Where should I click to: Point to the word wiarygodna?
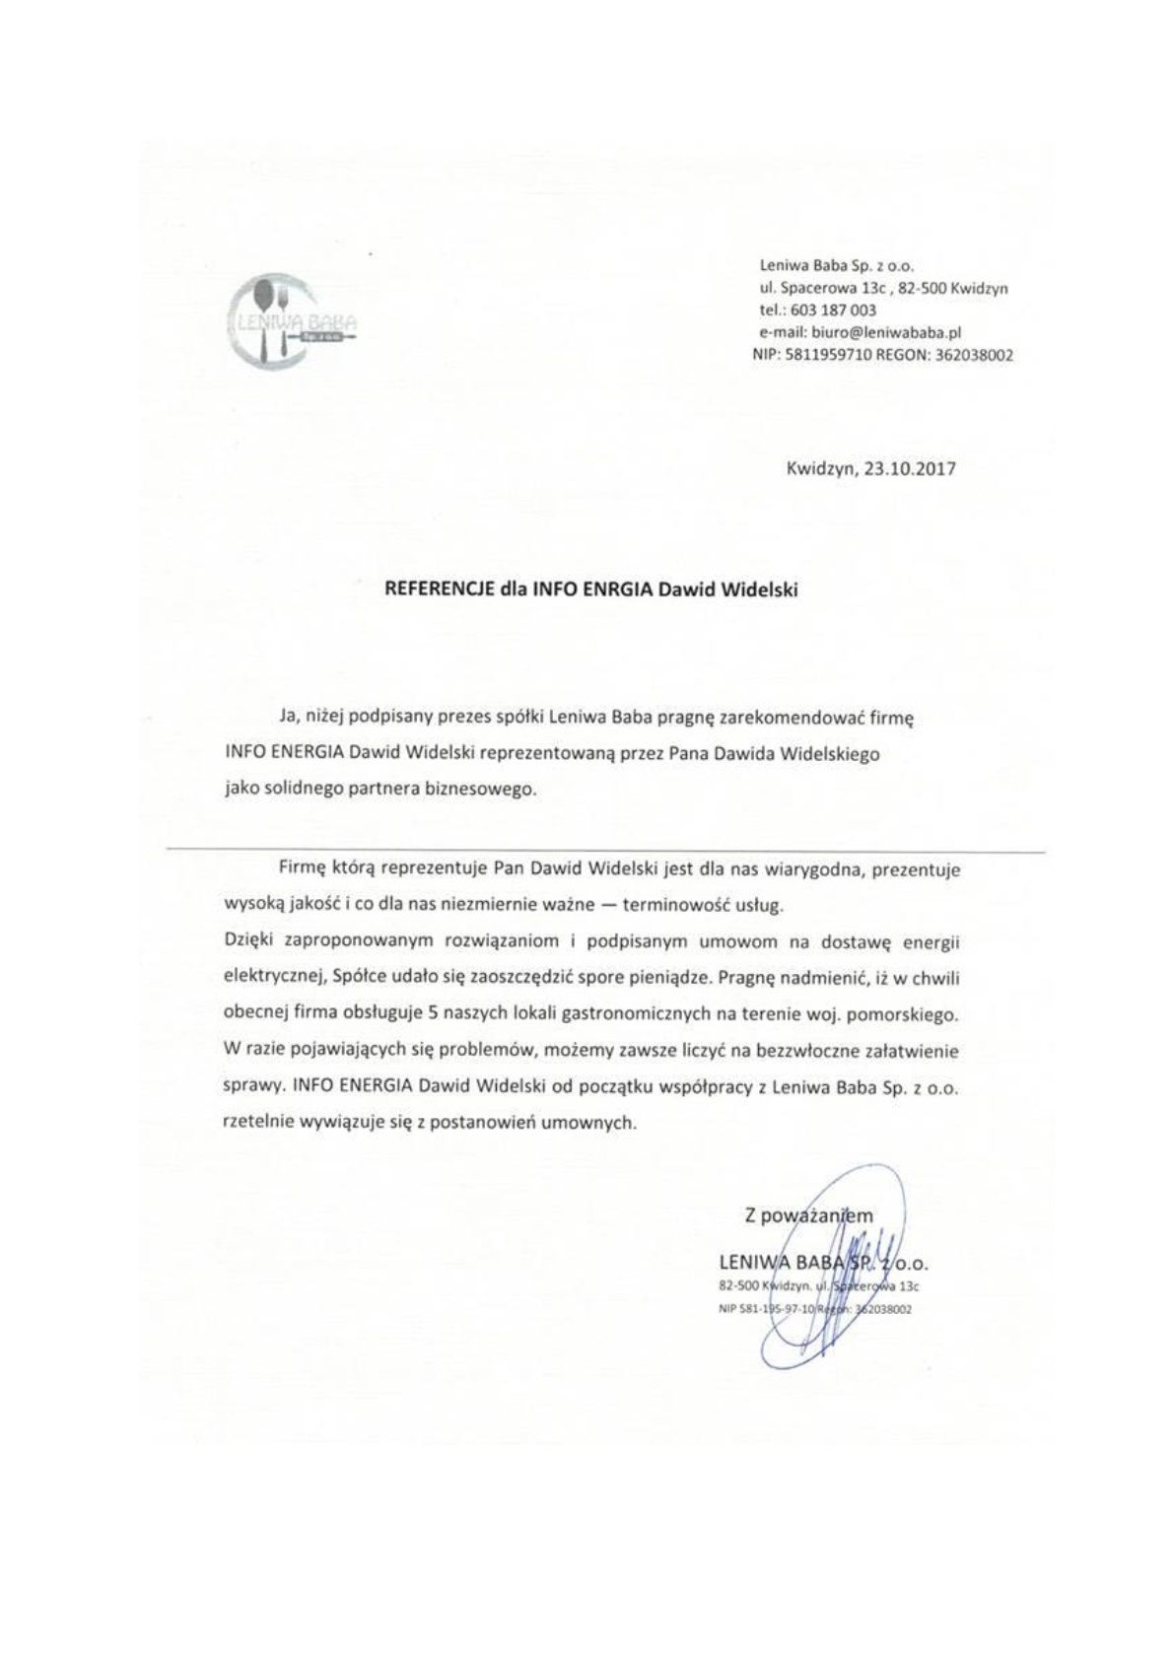pos(781,871)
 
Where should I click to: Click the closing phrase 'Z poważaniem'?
pos(809,1216)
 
